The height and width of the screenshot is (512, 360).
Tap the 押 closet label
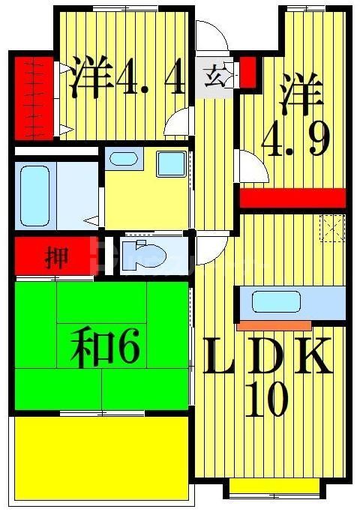56,258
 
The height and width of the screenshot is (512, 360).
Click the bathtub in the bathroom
35,195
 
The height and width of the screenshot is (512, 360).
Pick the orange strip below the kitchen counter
274,325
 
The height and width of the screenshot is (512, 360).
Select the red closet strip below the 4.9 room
292,198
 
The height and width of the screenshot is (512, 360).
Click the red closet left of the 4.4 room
33,98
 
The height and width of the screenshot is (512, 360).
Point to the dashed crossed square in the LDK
331,227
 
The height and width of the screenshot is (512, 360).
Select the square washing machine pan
172,163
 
